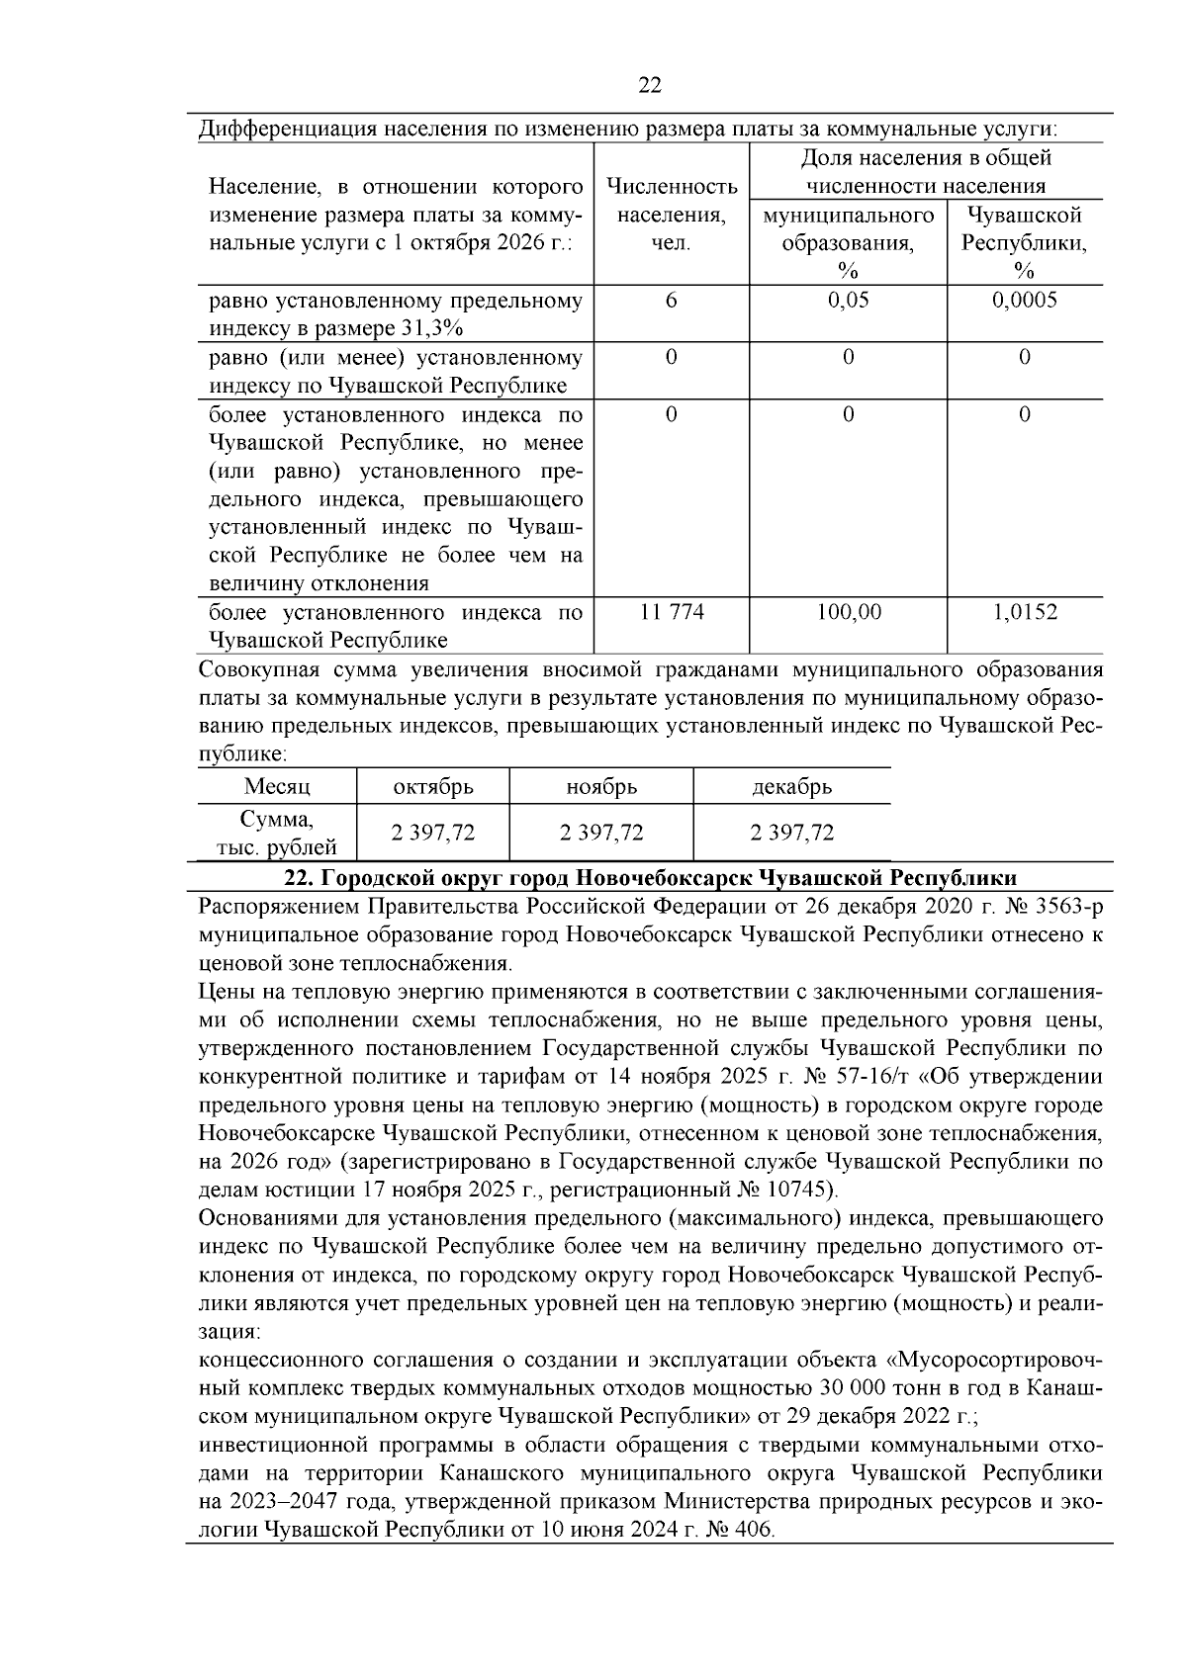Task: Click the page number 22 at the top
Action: click(x=649, y=85)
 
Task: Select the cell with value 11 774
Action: click(x=672, y=612)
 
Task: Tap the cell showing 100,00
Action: click(x=848, y=612)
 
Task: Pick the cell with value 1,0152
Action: click(x=1025, y=612)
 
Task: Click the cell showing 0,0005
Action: click(x=1025, y=300)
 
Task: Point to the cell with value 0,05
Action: click(x=848, y=300)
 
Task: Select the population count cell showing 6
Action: click(x=671, y=300)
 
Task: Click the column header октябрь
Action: click(x=433, y=787)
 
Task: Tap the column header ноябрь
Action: click(x=600, y=787)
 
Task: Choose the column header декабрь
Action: click(x=791, y=787)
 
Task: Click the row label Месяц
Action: click(x=277, y=787)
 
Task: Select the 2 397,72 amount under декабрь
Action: click(x=791, y=833)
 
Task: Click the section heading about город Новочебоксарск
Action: click(x=649, y=878)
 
